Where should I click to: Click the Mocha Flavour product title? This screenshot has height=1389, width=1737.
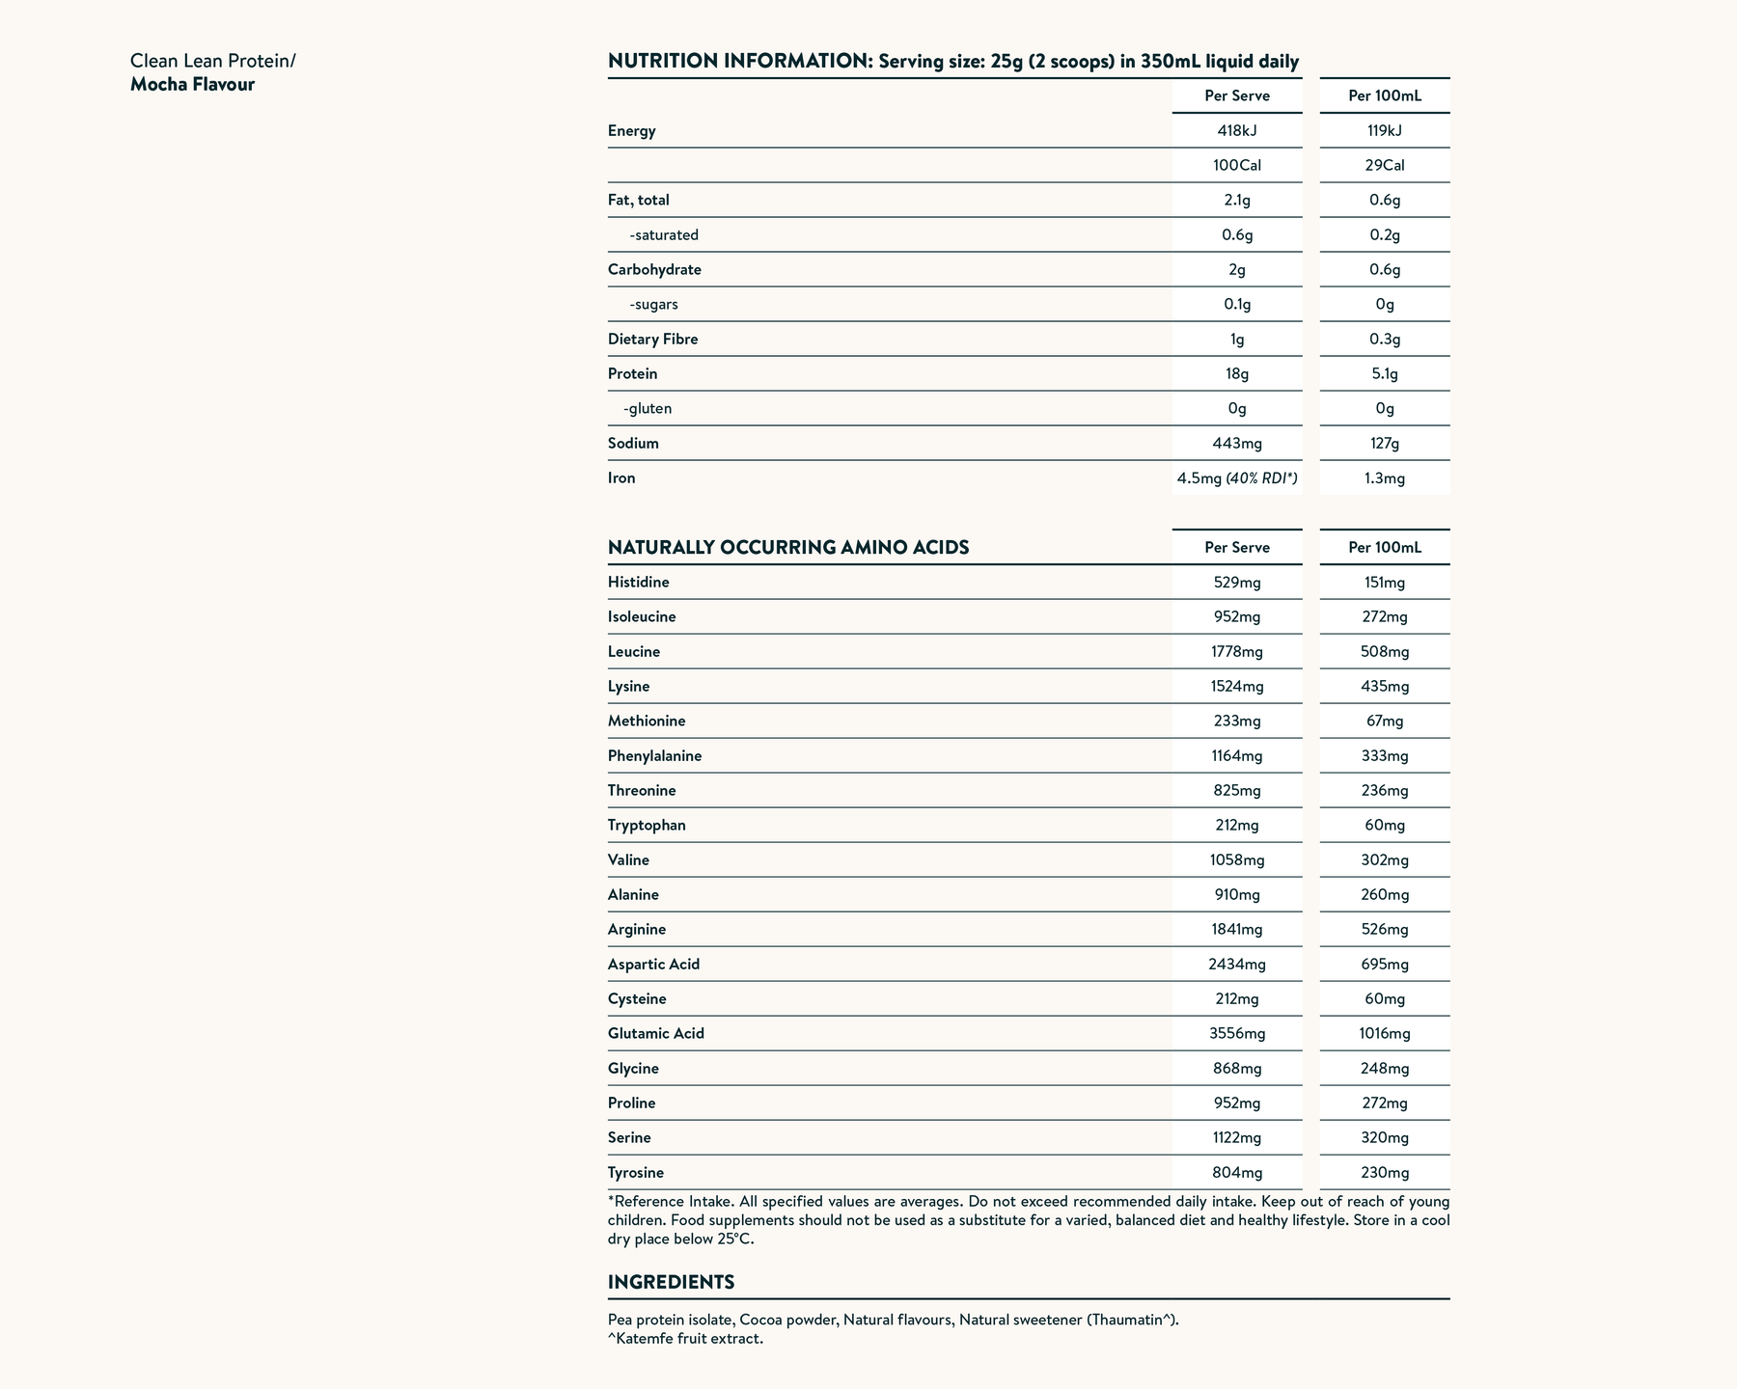(x=193, y=85)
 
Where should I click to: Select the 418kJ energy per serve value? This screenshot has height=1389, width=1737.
(x=1237, y=131)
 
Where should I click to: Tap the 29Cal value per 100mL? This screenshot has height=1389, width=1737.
(x=1385, y=166)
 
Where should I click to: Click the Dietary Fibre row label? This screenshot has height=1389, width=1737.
(x=652, y=340)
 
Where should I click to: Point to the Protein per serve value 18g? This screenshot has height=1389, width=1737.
(x=1237, y=374)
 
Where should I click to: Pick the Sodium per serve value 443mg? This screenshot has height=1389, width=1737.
(x=1237, y=444)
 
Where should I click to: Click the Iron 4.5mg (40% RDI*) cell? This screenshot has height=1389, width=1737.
(x=1237, y=478)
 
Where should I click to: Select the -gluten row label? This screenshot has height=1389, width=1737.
(x=648, y=409)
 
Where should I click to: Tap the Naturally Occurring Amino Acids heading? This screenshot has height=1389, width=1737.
(x=788, y=548)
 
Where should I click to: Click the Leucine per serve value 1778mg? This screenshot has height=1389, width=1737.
(x=1237, y=652)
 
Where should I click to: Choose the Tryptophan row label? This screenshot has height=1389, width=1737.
(x=647, y=826)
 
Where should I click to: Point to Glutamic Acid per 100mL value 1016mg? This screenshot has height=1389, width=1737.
(x=1385, y=1034)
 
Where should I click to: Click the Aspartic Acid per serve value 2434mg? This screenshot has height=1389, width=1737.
(x=1237, y=965)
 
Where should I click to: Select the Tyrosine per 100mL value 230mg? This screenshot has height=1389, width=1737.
(x=1385, y=1173)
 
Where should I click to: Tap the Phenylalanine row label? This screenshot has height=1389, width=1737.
(x=654, y=756)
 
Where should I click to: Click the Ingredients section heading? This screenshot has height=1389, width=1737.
(x=671, y=1283)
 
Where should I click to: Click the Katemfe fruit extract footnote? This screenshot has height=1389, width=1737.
(x=686, y=1339)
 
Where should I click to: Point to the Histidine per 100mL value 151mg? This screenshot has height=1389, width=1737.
(x=1385, y=583)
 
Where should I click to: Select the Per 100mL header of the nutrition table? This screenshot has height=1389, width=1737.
(x=1385, y=96)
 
